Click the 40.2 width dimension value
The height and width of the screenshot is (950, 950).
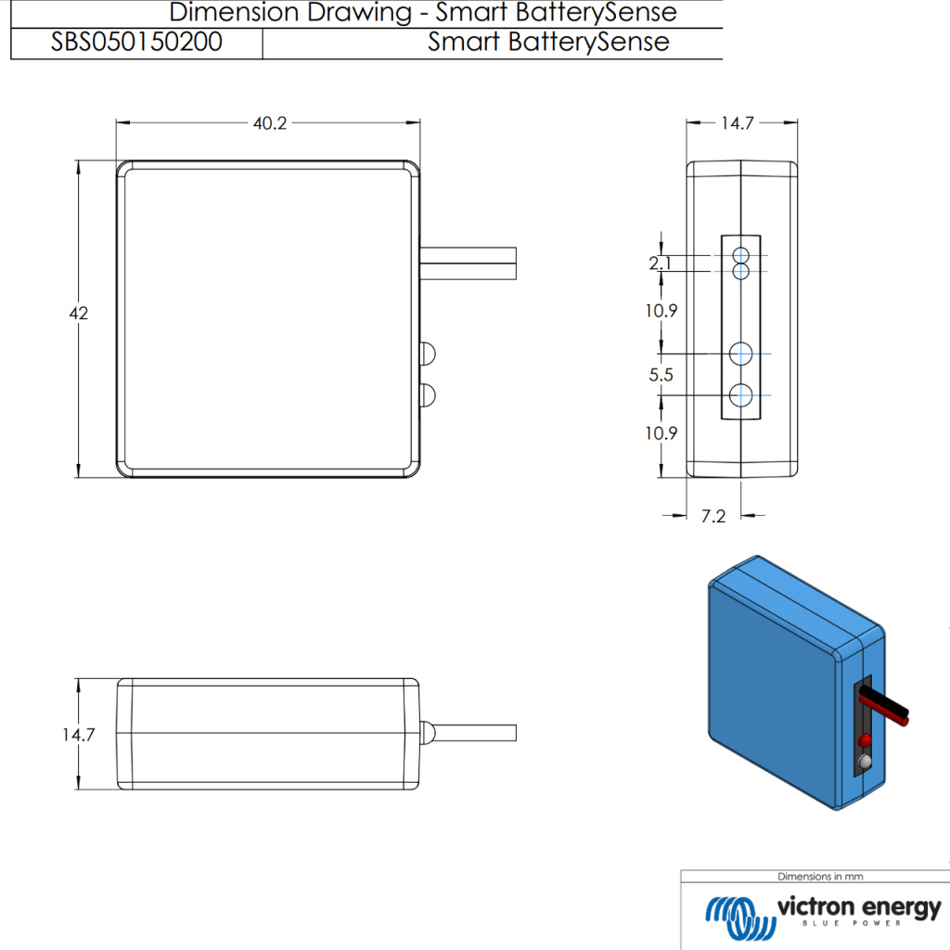269,123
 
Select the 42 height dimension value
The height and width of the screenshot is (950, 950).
79,314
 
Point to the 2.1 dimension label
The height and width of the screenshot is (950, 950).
661,264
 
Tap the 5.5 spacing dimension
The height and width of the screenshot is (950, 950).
661,375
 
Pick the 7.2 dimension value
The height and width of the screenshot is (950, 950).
712,517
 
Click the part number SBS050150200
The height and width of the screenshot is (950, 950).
136,43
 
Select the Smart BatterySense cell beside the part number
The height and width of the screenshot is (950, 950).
548,43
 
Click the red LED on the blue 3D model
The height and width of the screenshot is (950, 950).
866,740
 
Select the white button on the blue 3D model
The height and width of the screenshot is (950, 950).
866,762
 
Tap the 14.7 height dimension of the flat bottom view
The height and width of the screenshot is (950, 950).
80,735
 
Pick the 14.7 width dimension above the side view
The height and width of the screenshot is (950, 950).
737,123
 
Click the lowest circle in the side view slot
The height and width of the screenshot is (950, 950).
740,395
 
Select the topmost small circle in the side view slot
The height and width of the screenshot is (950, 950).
740,256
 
